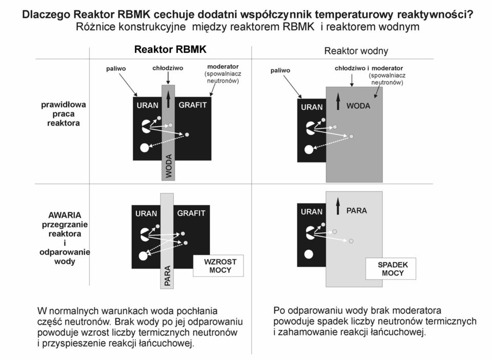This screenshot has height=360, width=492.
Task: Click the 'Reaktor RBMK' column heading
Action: click(170, 50)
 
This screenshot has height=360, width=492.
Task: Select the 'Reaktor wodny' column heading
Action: click(356, 51)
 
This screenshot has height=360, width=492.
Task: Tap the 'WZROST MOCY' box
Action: click(218, 266)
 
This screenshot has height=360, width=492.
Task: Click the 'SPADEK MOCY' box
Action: click(391, 269)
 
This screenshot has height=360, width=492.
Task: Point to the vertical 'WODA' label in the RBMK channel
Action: click(169, 166)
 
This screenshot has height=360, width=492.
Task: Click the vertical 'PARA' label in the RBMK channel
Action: click(167, 275)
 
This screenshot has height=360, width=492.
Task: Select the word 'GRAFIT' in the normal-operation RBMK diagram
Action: click(193, 105)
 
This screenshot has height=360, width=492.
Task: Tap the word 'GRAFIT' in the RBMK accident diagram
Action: click(191, 213)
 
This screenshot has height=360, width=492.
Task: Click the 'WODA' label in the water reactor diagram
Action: click(358, 106)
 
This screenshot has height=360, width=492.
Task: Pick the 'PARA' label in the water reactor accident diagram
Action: click(357, 210)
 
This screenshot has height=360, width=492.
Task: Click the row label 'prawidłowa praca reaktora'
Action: click(64, 114)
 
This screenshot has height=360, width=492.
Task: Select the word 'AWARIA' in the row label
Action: click(65, 215)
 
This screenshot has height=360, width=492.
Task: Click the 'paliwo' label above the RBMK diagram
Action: click(116, 69)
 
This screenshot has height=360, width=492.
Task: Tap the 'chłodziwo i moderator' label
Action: click(368, 68)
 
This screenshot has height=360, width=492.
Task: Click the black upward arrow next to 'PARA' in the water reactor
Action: click(338, 206)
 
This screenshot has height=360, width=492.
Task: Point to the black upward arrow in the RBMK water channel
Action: click(169, 99)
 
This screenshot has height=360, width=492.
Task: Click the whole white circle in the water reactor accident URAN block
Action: click(309, 254)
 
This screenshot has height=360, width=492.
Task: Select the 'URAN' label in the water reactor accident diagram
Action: click(312, 212)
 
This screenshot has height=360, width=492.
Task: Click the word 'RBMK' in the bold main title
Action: click(134, 15)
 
